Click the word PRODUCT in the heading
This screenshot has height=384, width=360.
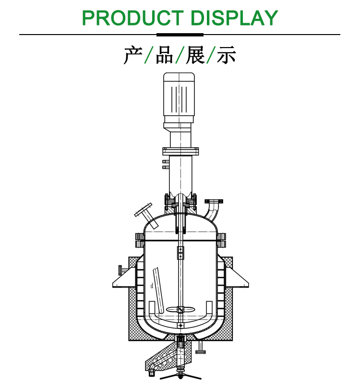pyautogui.click(x=133, y=18)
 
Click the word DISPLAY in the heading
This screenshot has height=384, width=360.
pyautogui.click(x=234, y=18)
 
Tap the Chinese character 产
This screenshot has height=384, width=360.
pyautogui.click(x=133, y=55)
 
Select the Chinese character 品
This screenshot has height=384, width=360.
pyautogui.click(x=164, y=55)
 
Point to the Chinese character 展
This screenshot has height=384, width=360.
pyautogui.click(x=195, y=55)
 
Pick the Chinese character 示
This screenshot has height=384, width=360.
pyautogui.click(x=227, y=55)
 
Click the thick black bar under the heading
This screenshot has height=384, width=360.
pyautogui.click(x=180, y=35)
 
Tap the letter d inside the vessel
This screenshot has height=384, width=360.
pyautogui.click(x=152, y=286)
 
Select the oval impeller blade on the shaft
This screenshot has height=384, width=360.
pyautogui.click(x=180, y=310)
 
